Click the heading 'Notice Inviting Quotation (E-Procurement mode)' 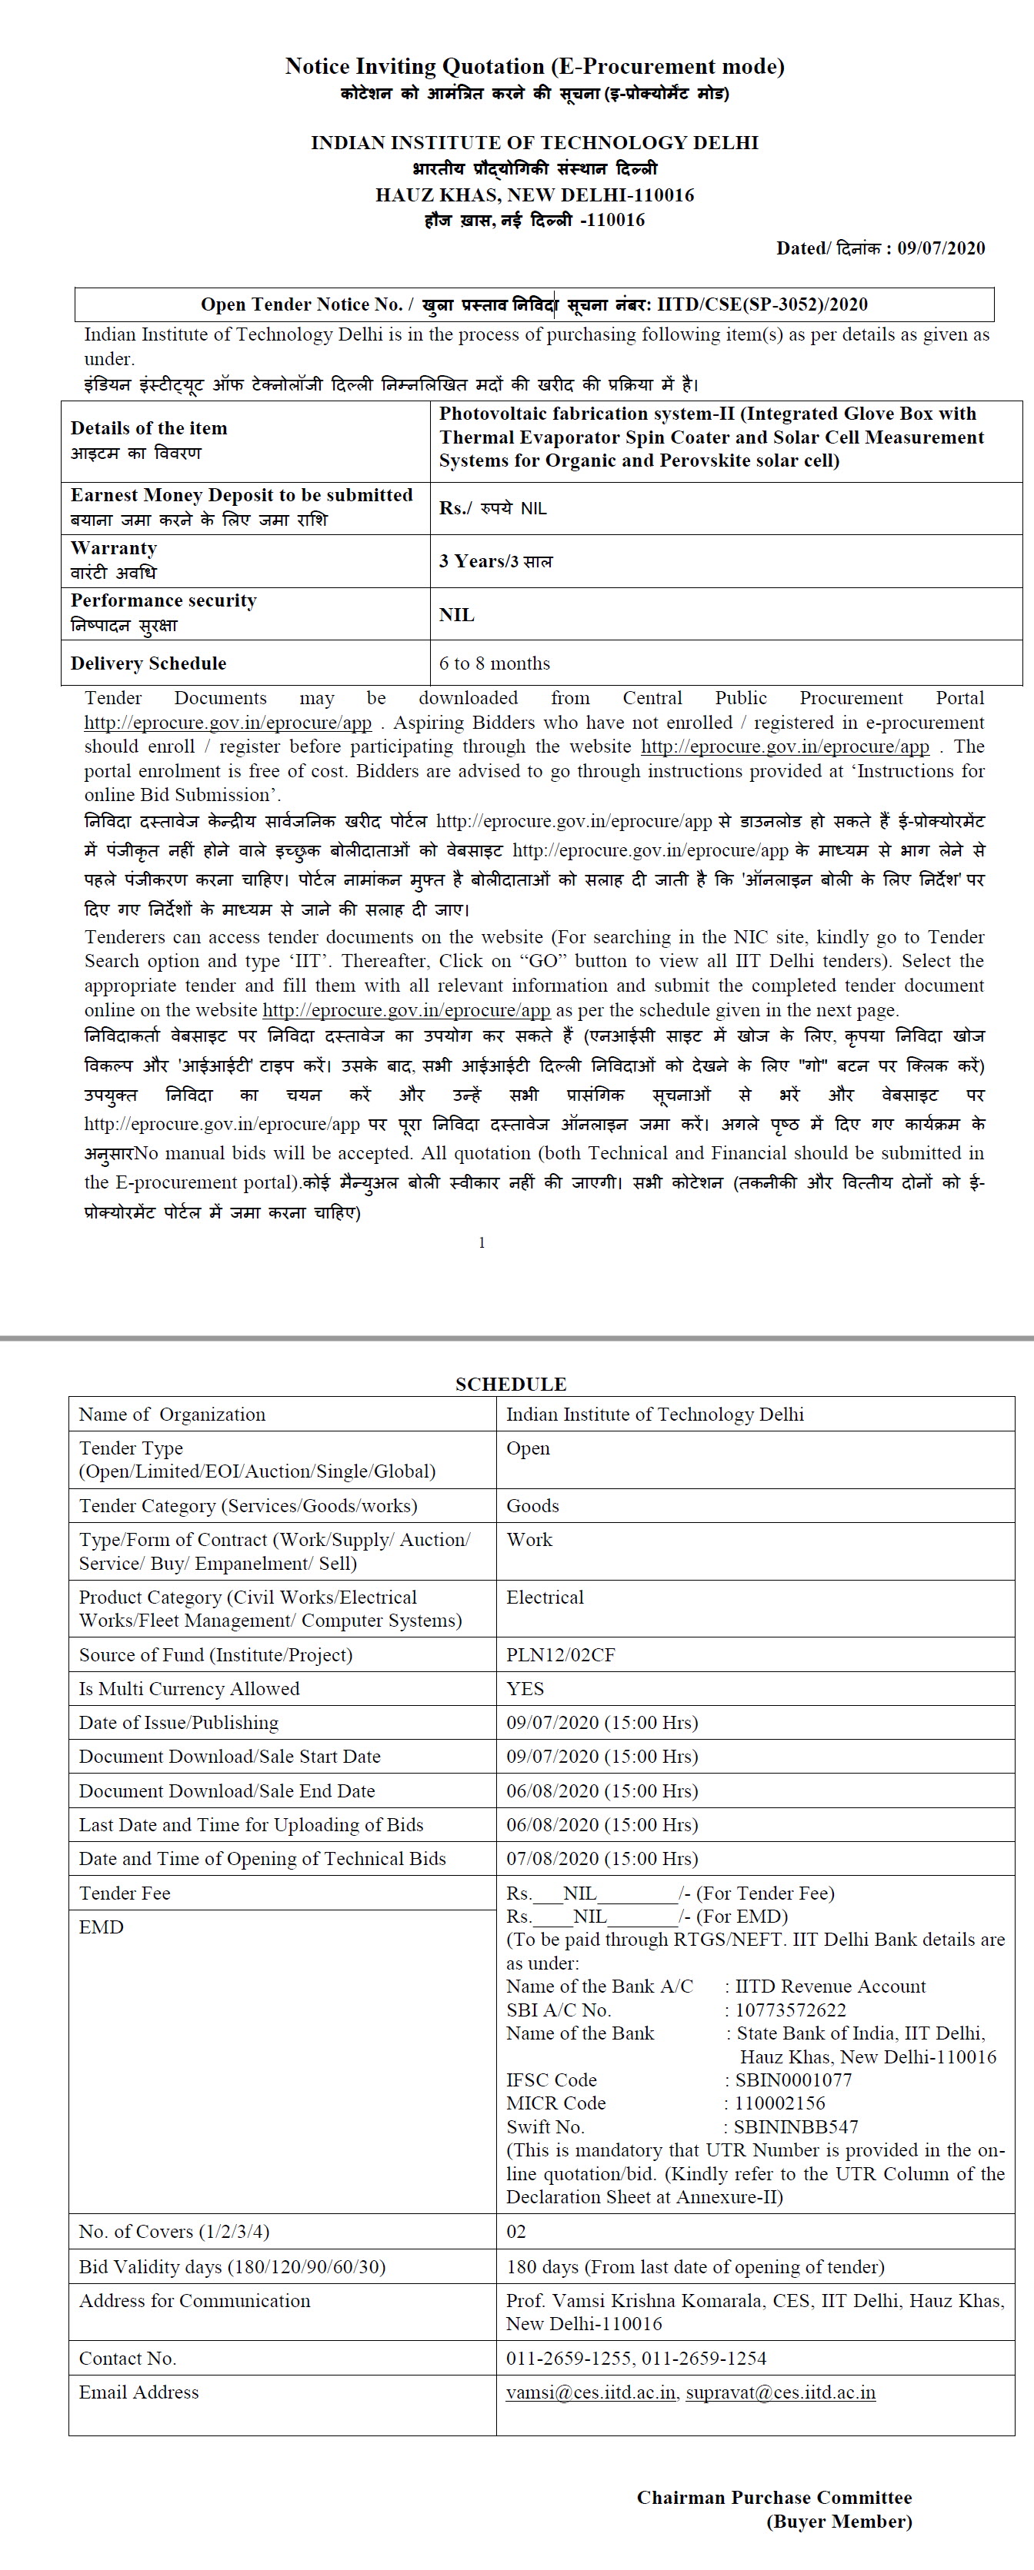(534, 67)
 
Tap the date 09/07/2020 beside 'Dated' (940, 248)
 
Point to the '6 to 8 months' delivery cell (494, 663)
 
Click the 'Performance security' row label (162, 600)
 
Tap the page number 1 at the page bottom (482, 1242)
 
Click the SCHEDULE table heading (511, 1384)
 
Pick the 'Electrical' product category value (544, 1598)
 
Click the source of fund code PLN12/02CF (560, 1655)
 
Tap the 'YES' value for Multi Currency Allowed (525, 1689)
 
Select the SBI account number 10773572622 (790, 2010)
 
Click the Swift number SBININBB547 (796, 2127)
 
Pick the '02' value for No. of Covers (516, 2232)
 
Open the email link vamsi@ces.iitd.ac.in (591, 2392)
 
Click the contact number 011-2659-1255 (569, 2359)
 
